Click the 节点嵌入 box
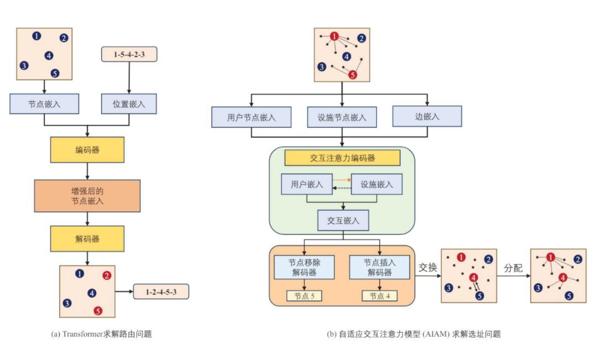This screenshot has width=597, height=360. point(44,103)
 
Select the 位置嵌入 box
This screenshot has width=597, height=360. point(129,103)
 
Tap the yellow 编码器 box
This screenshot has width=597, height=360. point(87,150)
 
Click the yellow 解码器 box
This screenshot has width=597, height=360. point(87,239)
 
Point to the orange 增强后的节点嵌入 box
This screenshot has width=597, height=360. point(87,196)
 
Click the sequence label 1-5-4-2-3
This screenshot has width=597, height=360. point(129,54)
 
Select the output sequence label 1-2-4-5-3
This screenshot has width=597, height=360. point(161,292)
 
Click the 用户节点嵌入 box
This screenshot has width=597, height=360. point(252,117)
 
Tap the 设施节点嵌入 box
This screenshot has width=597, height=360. point(342,117)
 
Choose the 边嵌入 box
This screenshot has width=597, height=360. point(427,116)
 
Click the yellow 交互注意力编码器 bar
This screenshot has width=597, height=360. point(342,158)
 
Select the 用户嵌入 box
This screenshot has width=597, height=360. point(307,184)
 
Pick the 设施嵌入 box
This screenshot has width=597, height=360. point(376,184)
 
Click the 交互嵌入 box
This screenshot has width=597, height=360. point(343,220)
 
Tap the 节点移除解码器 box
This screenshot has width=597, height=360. point(304,267)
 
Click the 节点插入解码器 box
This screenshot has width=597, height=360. point(380,267)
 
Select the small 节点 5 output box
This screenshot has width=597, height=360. point(304,296)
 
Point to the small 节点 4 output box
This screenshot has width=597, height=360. point(380,296)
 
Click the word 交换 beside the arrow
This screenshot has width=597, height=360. point(427,268)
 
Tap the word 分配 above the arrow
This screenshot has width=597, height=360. point(513,268)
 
